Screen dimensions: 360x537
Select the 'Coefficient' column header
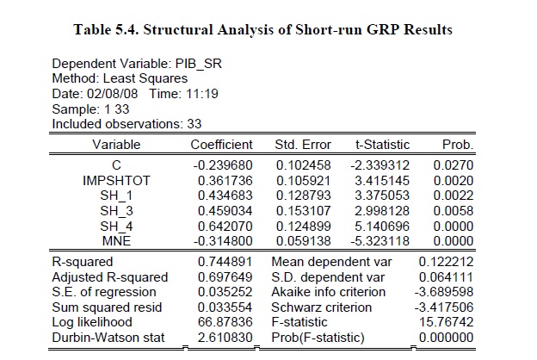click(220, 145)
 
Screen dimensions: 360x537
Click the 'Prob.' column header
click(457, 145)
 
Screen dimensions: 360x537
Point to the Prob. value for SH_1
click(457, 196)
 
